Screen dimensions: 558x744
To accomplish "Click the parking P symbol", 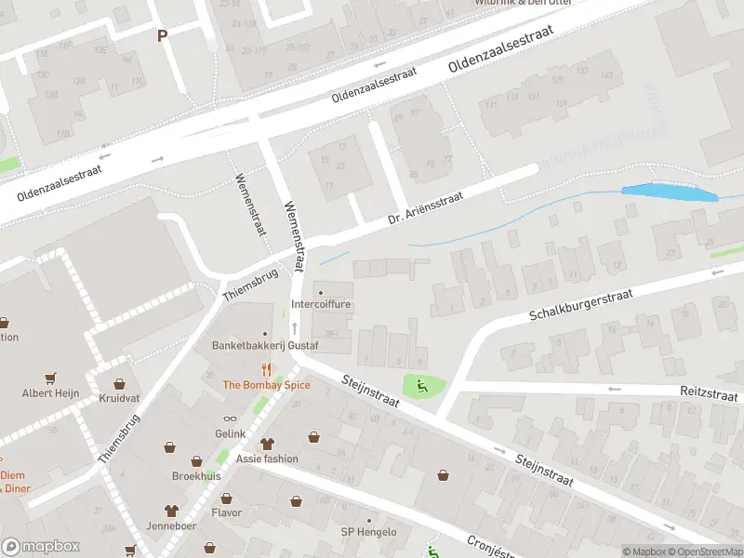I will click(162, 35).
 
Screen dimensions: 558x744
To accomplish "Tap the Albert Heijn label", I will click(49, 393).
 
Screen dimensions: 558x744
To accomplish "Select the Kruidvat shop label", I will click(119, 398).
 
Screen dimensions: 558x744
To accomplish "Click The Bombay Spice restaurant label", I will click(266, 385).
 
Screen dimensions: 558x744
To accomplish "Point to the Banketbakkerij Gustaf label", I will click(265, 346).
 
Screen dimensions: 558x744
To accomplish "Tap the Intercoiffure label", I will click(321, 304).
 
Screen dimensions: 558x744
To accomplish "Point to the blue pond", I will click(670, 193).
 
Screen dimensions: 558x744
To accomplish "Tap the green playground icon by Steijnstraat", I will click(422, 386).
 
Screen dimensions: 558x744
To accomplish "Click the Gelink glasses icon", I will click(230, 420).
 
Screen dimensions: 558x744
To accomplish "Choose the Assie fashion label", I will click(267, 458).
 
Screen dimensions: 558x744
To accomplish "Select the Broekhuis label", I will click(196, 475).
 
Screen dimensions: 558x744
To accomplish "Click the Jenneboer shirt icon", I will click(171, 511).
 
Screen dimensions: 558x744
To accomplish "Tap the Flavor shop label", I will click(226, 512).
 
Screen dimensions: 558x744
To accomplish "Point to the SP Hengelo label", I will click(368, 532).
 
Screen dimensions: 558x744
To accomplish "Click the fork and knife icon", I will click(266, 368).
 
